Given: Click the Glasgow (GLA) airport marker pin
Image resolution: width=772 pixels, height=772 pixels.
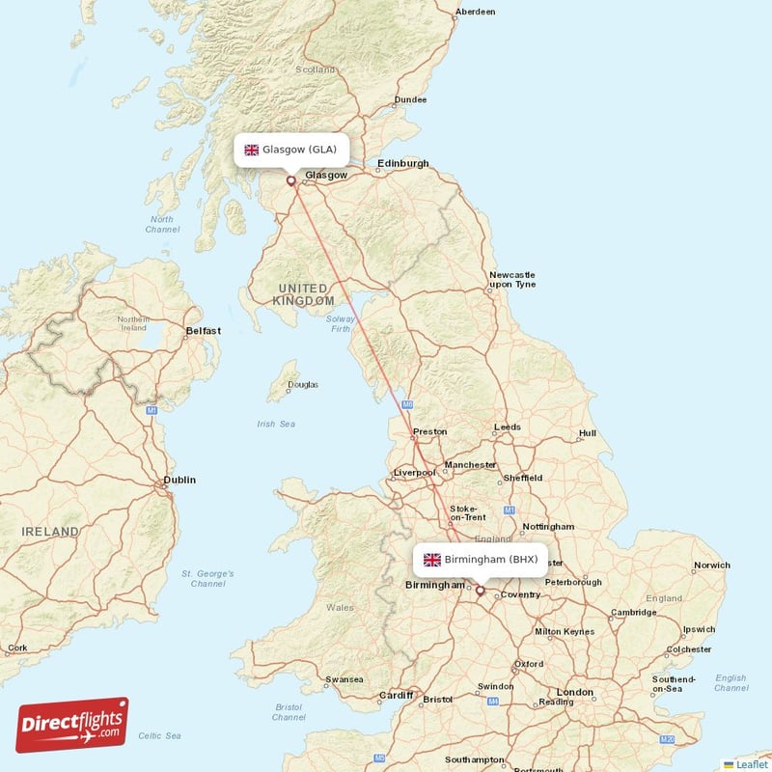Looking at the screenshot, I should pos(291,179).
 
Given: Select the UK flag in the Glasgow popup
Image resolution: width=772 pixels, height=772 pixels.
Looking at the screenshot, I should pos(252,150).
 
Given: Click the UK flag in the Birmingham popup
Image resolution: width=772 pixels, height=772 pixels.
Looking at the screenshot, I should pos(432,560).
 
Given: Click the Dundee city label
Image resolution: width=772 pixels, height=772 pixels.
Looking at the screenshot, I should pos(411,99).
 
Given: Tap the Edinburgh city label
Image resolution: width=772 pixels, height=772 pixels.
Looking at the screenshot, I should pos(403,163).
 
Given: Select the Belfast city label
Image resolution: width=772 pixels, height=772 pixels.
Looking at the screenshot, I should pos(204,331).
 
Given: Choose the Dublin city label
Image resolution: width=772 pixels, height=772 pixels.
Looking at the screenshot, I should pos(179,480).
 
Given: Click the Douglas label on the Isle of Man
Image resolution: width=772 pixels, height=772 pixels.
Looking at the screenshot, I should pos(303,385).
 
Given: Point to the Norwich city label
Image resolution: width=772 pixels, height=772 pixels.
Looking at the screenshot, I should pos(712,565).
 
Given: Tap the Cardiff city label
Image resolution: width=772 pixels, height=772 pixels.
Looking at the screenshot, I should pos(396,695).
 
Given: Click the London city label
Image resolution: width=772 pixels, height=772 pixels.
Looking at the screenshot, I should pos(575,692).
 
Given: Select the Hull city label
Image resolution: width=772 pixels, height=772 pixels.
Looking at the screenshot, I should pos(588,433).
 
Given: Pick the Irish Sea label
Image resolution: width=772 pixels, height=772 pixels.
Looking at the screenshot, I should pos(276,424).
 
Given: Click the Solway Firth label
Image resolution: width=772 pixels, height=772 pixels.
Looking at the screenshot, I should pos(341,323).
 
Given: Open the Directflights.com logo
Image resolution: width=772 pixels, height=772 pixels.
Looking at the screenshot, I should pos(72,725).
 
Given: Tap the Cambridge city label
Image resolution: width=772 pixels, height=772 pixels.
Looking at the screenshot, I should pos(633,612).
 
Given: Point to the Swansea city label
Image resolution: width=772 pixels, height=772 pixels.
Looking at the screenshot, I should pos(345,679).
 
